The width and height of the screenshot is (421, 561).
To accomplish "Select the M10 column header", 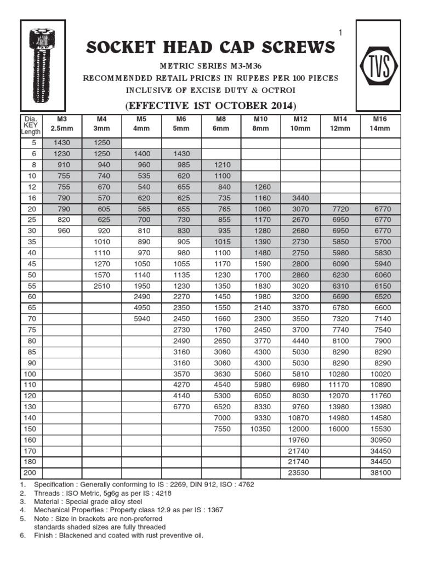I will coord(260,123).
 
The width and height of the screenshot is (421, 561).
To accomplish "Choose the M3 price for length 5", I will coord(61,143).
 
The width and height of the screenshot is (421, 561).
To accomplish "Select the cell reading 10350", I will coord(260,428).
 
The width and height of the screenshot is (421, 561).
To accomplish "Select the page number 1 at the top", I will coord(340,33).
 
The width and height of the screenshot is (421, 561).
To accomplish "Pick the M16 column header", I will coord(380,123).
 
